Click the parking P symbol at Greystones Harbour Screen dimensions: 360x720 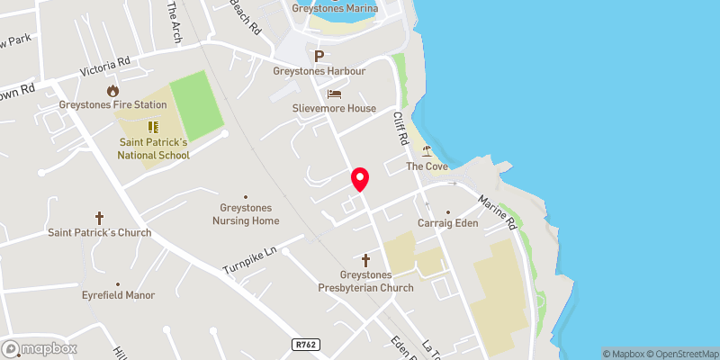319,55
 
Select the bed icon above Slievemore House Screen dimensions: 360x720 334,94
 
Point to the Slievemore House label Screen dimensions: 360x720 334,108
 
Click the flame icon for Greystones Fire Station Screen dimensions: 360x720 112,90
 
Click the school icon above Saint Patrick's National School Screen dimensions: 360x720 152,127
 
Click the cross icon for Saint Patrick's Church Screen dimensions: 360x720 99,218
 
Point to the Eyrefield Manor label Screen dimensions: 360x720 118,295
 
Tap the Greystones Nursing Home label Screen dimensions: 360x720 246,214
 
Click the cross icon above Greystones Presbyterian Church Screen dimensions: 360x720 365,259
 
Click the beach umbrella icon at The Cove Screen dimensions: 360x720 427,151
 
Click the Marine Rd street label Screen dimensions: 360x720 496,211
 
